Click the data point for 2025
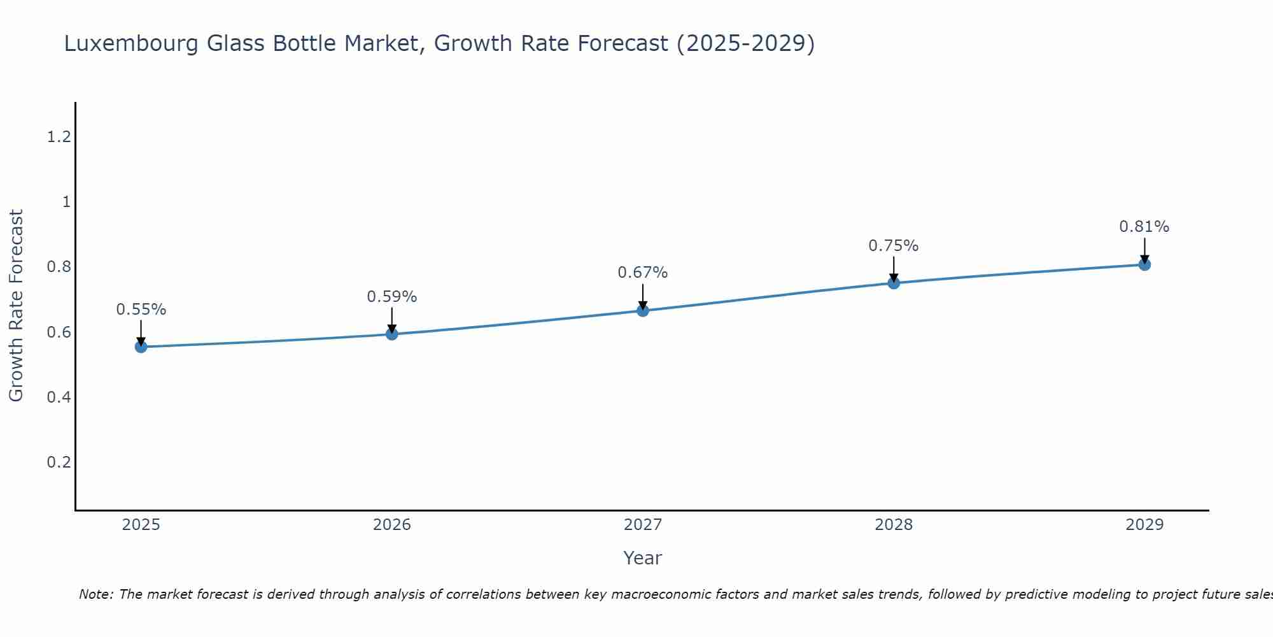tap(141, 347)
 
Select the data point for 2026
tap(392, 334)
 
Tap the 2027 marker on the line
tap(643, 310)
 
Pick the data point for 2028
tap(894, 283)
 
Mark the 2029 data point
tap(1144, 264)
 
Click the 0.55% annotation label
tap(141, 310)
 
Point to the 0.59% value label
tap(392, 297)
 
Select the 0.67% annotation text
tap(643, 273)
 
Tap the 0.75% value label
tap(894, 246)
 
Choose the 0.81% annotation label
tap(1144, 227)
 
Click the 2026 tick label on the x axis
tap(392, 525)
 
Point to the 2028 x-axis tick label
tap(894, 525)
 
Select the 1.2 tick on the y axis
tap(59, 136)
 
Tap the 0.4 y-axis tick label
tap(59, 397)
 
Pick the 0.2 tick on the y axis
tap(59, 462)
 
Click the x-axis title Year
tap(643, 558)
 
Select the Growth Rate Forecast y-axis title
tap(17, 306)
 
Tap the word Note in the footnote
tap(95, 595)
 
